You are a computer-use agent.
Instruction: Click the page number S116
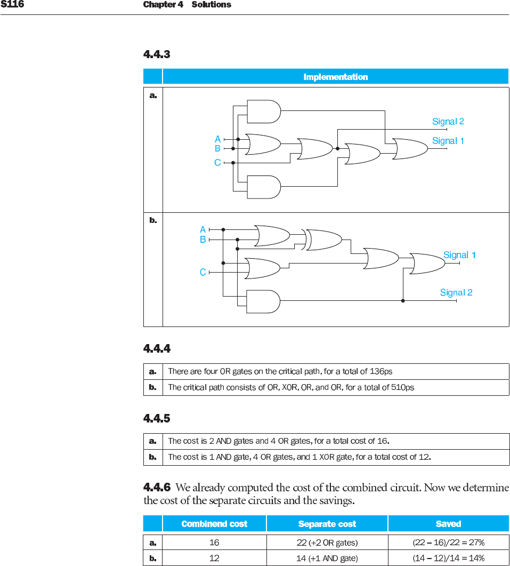tap(12, 5)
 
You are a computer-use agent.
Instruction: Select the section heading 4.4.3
tap(157, 54)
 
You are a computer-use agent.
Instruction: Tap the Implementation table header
tap(335, 77)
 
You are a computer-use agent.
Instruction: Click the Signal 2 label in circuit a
tap(448, 122)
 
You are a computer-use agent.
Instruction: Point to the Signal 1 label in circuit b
tap(459, 255)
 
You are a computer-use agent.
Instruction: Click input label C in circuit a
tap(217, 163)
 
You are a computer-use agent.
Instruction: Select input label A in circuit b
tap(203, 230)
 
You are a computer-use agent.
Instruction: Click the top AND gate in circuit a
tap(264, 111)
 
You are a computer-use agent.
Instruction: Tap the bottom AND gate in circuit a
tap(264, 187)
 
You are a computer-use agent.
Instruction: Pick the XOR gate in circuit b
tap(323, 240)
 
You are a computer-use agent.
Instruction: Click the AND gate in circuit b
tap(263, 301)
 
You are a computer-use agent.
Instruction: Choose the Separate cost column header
tap(327, 524)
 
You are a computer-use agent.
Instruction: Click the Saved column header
tap(448, 524)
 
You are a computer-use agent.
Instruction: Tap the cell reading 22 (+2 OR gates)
tap(327, 543)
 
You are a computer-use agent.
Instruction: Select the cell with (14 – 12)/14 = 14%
tap(448, 558)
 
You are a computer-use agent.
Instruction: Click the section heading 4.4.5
tap(157, 419)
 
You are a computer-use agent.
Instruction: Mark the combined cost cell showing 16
tap(214, 543)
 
